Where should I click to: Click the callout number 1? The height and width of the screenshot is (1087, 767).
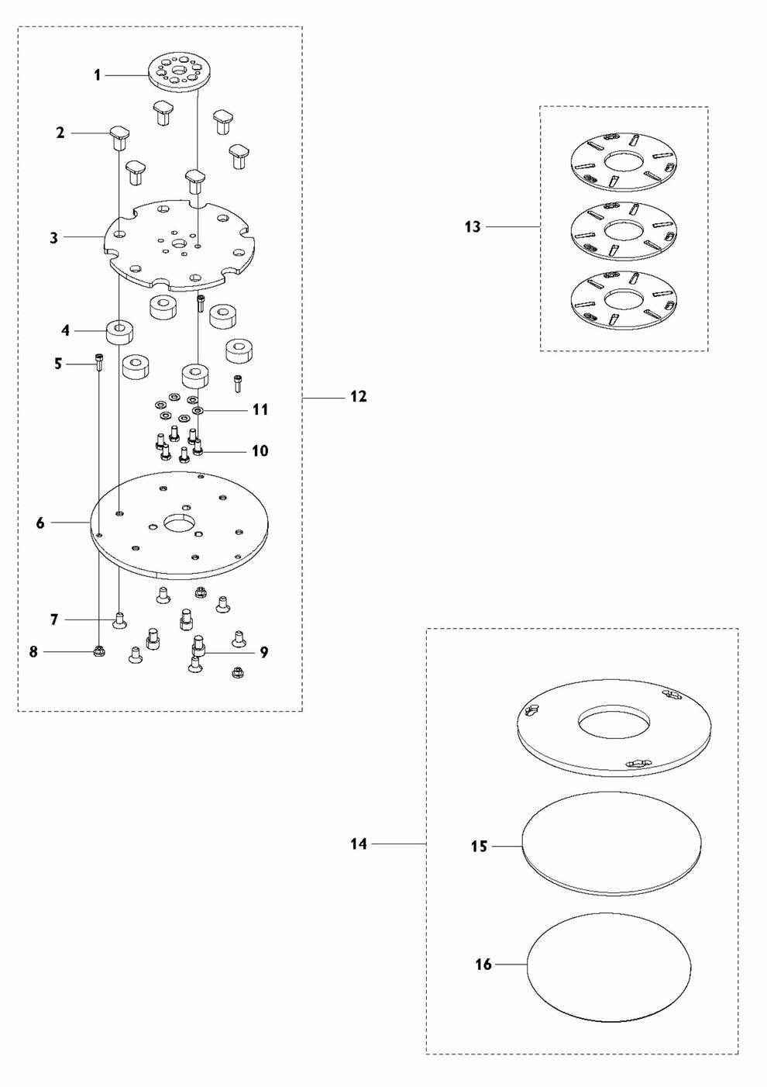98,75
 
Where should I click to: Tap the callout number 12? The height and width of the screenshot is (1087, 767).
359,396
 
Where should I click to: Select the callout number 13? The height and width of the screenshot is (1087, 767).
473,226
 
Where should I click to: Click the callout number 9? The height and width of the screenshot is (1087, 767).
263,652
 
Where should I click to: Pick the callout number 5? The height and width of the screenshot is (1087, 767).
58,364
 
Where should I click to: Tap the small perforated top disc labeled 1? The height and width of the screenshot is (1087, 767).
180,71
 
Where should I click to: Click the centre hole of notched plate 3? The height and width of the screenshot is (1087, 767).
178,243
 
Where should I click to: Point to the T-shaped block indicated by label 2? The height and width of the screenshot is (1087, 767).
119,137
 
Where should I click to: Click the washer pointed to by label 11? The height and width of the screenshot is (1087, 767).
198,411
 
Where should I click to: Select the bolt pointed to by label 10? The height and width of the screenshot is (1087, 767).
198,447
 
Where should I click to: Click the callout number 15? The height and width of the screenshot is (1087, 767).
479,847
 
